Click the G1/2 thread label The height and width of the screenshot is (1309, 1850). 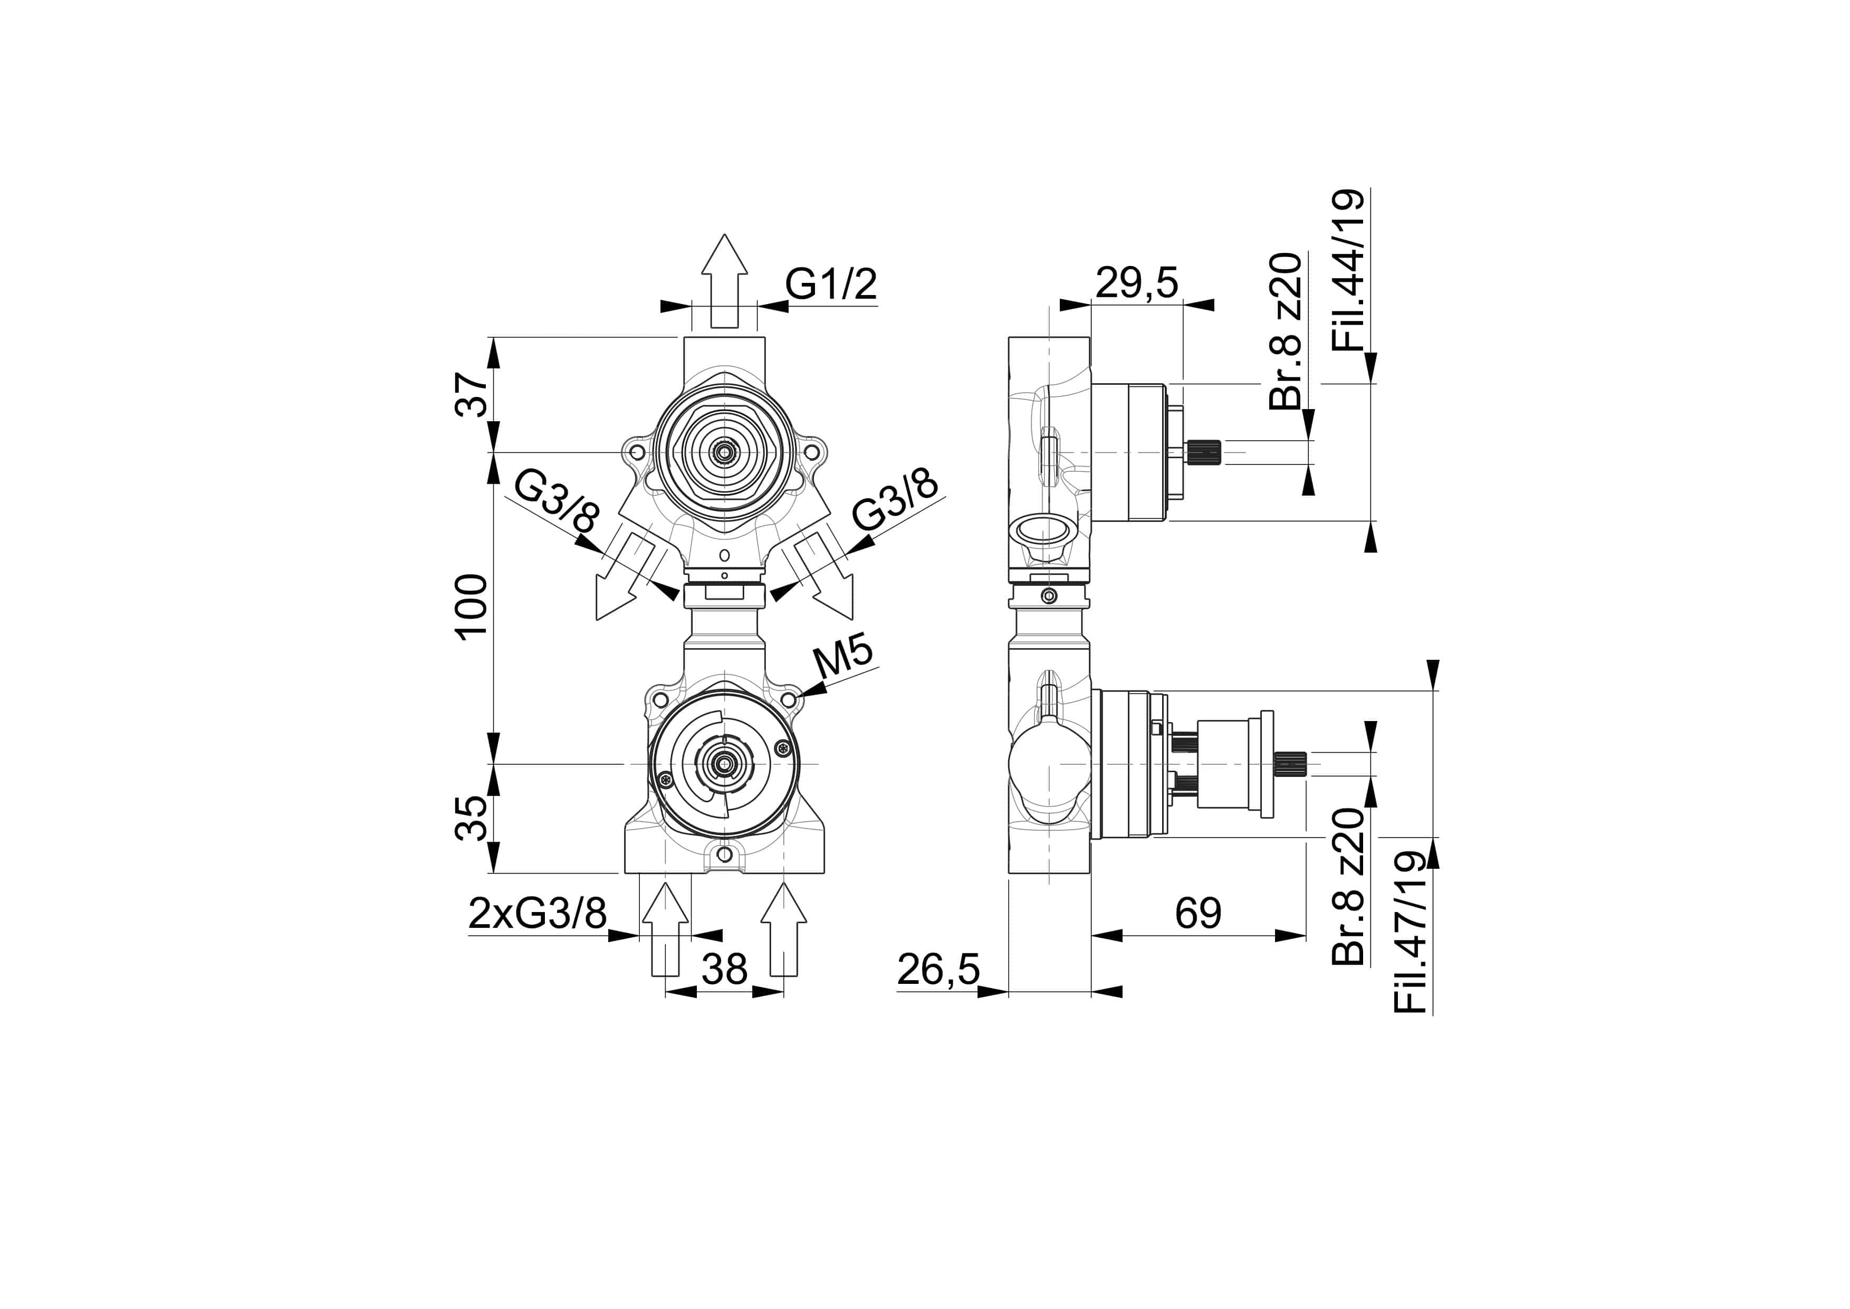coord(831,284)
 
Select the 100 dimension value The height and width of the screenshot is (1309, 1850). coord(472,606)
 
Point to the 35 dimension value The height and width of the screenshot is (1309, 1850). coord(472,818)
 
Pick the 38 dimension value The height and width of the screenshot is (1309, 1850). coord(724,969)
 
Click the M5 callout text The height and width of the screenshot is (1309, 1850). coord(843,659)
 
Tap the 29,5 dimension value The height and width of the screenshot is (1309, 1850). coord(1137,283)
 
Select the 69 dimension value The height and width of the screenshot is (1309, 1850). coord(1198,913)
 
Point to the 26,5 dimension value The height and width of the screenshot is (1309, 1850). coord(938,970)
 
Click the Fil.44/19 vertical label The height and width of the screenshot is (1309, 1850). coord(1349,270)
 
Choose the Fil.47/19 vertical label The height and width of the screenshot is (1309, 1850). coord(1411,933)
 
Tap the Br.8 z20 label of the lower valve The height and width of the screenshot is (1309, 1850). coord(1349,887)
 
